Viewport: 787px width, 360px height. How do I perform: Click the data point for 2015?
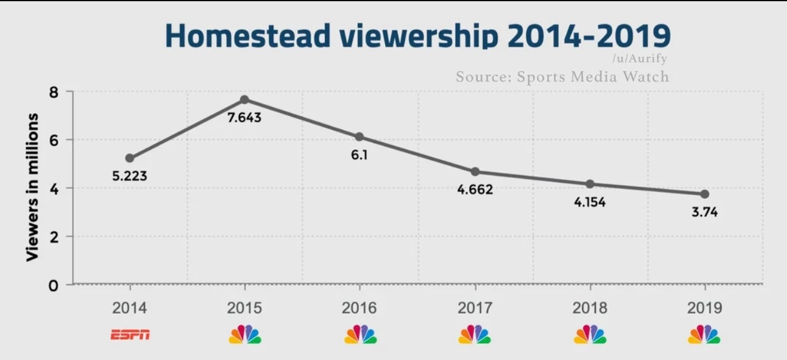tap(244, 99)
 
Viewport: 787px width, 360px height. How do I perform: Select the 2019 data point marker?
tap(704, 194)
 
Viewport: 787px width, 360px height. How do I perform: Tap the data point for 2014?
tap(129, 158)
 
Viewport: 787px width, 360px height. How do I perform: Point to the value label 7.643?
tap(244, 117)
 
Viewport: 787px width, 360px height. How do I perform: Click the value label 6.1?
tap(359, 155)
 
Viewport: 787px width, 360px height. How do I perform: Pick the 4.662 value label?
tap(475, 190)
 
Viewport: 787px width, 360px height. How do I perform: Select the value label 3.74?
tap(704, 212)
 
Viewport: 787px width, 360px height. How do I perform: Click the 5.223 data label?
tap(129, 176)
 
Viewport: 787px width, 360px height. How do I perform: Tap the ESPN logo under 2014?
tap(130, 335)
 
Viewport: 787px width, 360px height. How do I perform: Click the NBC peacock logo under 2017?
tap(474, 334)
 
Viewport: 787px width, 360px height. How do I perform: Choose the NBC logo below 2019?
tap(704, 334)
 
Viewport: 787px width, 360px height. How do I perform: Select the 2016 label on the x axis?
tap(359, 308)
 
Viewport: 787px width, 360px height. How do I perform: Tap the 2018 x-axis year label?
tap(589, 308)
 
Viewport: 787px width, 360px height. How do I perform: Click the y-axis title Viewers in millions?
tap(33, 187)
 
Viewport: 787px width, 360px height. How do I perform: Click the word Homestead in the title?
tap(247, 35)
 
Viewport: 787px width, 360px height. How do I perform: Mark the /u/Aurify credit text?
tap(639, 59)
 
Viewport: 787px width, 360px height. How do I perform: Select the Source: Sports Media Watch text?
tap(562, 77)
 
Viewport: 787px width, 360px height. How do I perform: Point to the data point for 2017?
tap(475, 172)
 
